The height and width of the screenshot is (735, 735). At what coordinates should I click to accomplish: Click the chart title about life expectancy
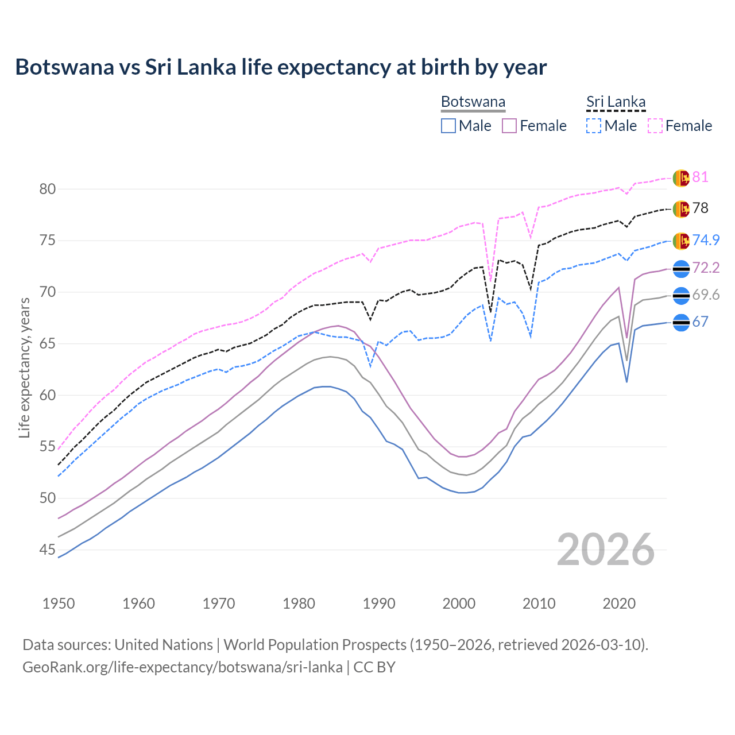(x=281, y=67)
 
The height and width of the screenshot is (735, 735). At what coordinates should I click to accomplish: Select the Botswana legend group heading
(x=473, y=102)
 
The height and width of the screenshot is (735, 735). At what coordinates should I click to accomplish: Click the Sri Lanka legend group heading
(x=616, y=102)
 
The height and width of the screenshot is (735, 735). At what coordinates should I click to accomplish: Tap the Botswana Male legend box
(x=448, y=126)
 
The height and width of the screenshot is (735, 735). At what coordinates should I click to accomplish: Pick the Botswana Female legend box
(x=509, y=126)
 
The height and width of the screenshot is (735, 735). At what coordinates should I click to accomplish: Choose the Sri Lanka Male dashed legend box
(x=594, y=126)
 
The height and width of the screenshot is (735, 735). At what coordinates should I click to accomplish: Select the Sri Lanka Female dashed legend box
(x=655, y=126)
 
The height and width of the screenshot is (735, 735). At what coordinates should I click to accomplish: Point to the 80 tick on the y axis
(x=47, y=189)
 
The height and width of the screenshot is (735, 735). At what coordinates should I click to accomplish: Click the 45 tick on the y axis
(x=47, y=550)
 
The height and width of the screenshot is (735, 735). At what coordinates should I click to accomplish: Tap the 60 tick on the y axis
(x=47, y=395)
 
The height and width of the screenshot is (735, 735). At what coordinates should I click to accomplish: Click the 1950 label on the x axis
(x=59, y=604)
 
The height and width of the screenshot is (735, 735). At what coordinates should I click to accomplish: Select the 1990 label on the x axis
(x=379, y=604)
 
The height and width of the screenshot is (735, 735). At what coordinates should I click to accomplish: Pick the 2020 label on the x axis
(x=619, y=604)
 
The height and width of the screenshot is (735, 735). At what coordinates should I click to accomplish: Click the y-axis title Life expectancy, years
(x=24, y=367)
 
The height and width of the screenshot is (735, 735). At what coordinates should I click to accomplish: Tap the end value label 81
(x=700, y=177)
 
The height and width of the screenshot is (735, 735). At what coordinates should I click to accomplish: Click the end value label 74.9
(x=706, y=240)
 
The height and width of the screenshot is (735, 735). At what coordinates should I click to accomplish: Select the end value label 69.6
(x=706, y=295)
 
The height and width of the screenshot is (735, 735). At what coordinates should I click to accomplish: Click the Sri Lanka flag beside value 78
(x=681, y=209)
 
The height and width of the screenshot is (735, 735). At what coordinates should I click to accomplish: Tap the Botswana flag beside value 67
(x=681, y=323)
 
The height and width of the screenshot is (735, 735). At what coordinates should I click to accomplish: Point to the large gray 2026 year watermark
(x=605, y=550)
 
